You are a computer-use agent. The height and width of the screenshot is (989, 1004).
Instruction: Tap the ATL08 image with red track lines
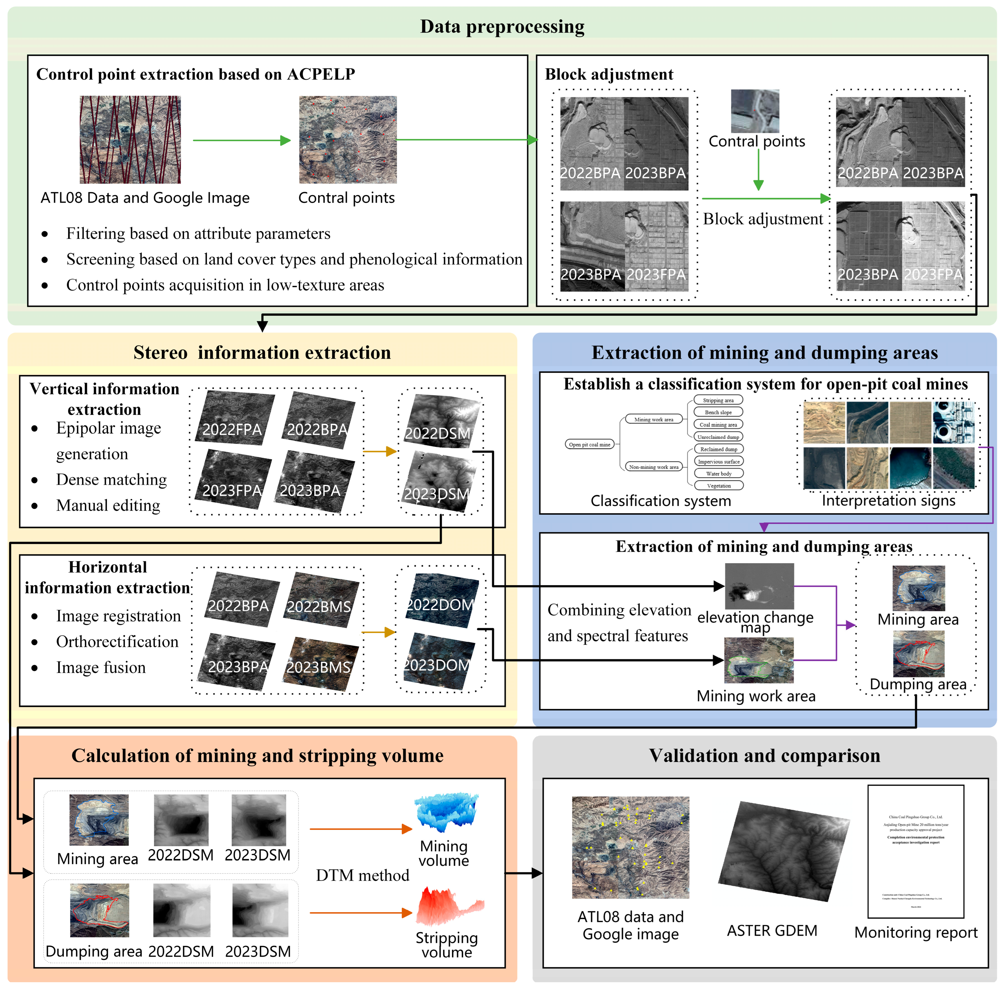click(x=130, y=139)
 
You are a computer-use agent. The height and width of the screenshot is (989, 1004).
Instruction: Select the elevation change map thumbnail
click(x=759, y=586)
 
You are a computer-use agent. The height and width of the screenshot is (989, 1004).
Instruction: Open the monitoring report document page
click(x=916, y=852)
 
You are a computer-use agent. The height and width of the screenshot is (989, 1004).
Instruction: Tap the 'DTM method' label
click(x=362, y=875)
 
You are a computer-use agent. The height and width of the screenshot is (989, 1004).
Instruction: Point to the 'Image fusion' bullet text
click(x=101, y=668)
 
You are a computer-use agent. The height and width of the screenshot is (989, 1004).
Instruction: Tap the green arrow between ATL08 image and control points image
click(x=241, y=140)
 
